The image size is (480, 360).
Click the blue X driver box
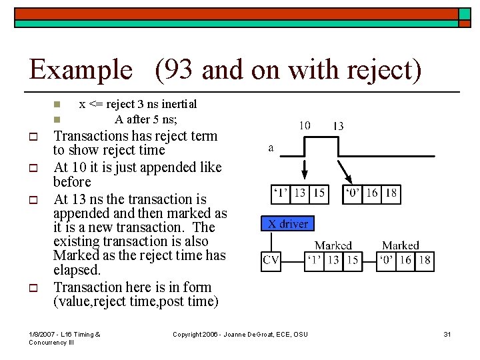tap(287, 223)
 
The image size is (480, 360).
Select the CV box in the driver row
tap(271, 261)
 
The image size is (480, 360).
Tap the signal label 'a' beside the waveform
tap(270, 148)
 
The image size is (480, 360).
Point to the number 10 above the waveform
tap(304, 125)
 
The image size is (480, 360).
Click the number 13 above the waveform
tap(338, 125)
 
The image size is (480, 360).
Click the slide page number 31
tap(447, 334)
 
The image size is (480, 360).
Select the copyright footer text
tap(240, 334)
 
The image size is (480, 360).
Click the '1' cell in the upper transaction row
tap(281, 193)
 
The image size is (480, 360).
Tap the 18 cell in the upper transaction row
tap(391, 193)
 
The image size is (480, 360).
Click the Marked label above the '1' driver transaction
tap(333, 245)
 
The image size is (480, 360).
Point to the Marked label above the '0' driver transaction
tap(401, 245)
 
